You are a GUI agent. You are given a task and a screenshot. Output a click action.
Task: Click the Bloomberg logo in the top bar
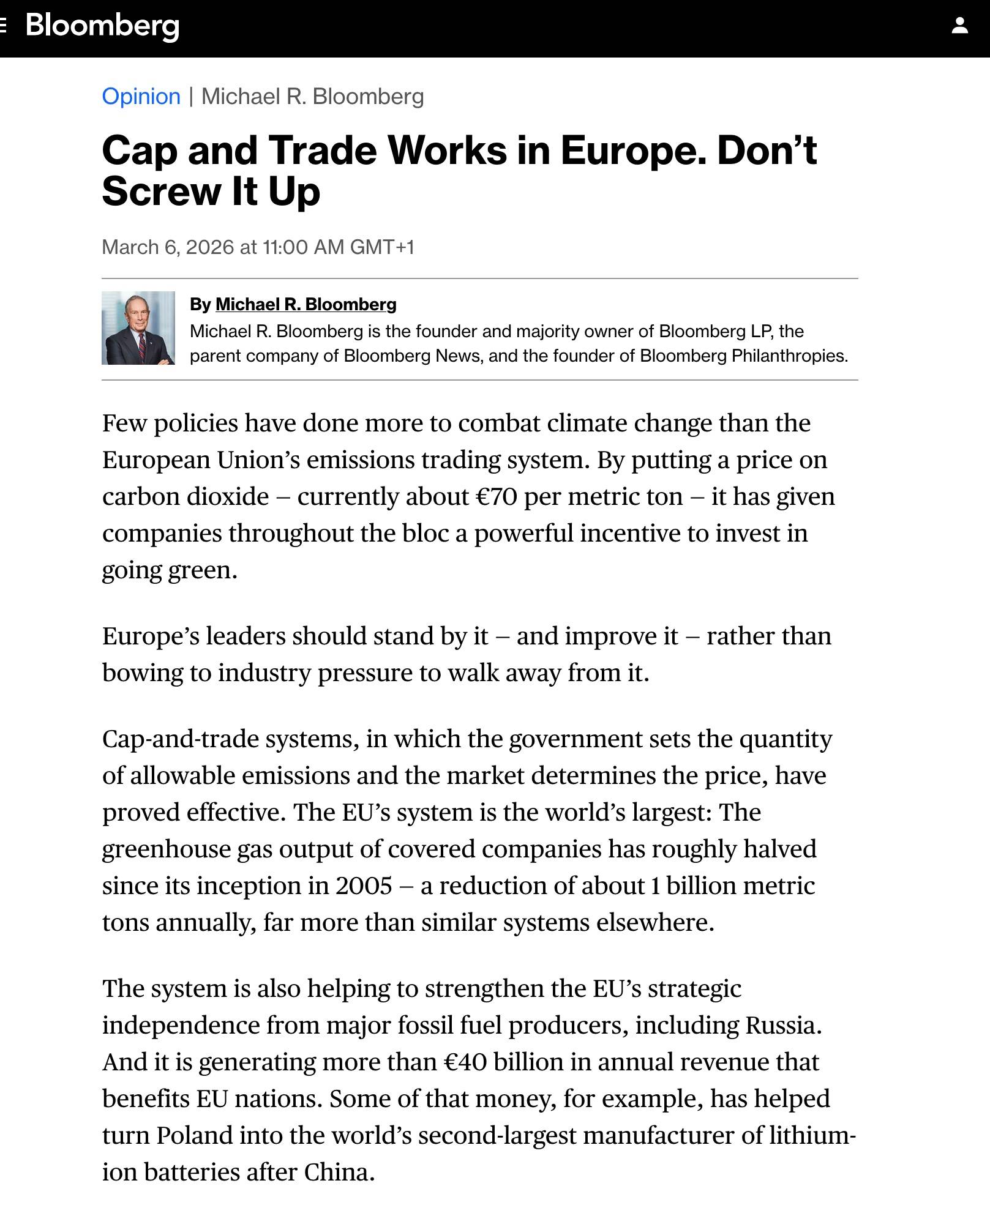tap(102, 26)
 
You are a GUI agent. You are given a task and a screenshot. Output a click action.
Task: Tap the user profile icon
tap(959, 26)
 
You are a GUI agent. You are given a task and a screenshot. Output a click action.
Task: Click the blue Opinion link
tap(141, 97)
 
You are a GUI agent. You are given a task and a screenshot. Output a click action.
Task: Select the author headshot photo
tap(138, 328)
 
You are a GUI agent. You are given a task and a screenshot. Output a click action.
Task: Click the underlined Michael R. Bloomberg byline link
tap(306, 304)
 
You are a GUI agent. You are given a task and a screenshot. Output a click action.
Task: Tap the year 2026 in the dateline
tap(209, 247)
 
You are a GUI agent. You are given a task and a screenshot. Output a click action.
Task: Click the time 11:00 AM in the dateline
tap(303, 247)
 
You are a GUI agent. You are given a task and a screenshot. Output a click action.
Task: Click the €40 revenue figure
tap(465, 1062)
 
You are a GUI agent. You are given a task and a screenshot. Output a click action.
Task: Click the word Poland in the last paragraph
tap(194, 1135)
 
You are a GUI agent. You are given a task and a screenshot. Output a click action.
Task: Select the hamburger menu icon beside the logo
tap(3, 26)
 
